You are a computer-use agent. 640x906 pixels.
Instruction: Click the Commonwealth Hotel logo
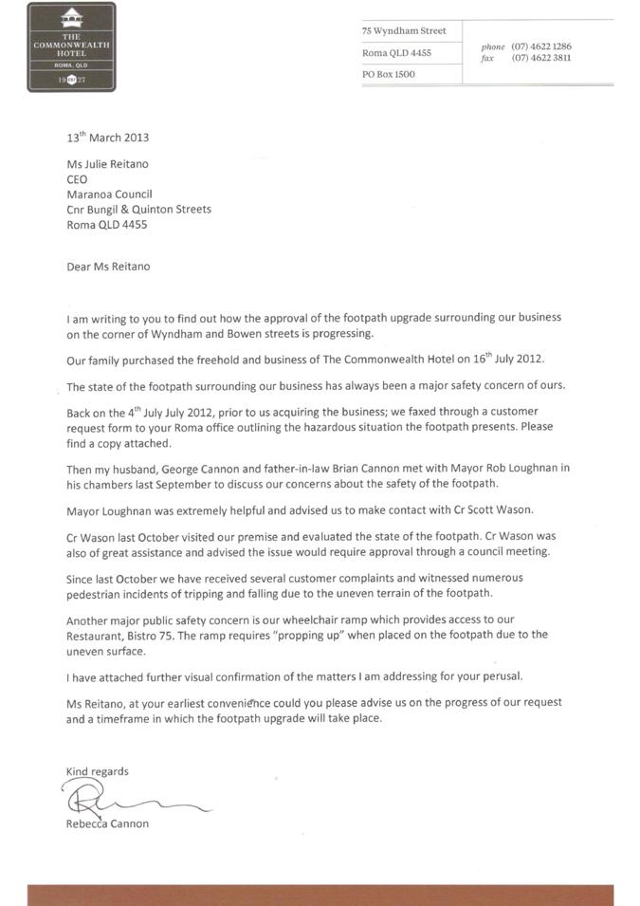click(71, 46)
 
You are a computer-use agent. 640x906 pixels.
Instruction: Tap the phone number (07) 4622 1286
click(541, 46)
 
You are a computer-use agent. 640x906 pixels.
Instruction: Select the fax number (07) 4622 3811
click(541, 58)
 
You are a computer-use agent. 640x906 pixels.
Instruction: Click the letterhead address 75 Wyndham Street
click(403, 30)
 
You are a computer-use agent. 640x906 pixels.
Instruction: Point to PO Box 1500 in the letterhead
click(389, 74)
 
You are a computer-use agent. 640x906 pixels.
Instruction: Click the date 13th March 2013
click(107, 138)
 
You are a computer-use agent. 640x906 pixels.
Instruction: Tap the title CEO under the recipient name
click(77, 178)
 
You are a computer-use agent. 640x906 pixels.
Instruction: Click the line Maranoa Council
click(109, 194)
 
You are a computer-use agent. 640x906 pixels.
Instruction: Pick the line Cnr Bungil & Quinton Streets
click(138, 210)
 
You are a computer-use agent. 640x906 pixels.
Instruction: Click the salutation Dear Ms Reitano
click(108, 267)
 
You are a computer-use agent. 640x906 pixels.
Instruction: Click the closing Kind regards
click(97, 771)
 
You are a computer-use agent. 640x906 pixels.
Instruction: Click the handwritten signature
click(123, 799)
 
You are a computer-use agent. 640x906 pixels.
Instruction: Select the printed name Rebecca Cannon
click(107, 823)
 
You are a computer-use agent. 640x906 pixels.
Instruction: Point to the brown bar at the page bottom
click(320, 896)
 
